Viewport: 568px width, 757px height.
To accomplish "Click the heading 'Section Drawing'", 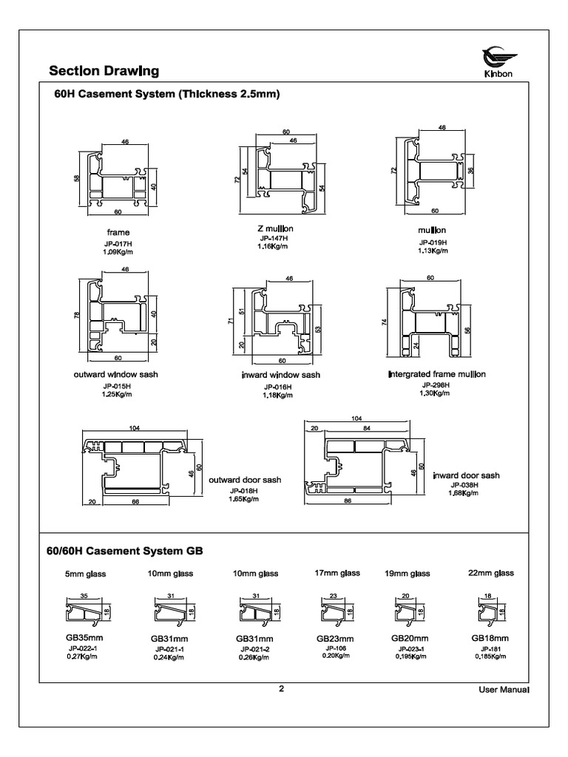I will coord(104,72).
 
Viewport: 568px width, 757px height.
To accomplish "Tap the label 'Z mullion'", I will coord(275,228).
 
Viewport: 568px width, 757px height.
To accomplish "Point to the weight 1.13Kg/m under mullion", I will coord(434,251).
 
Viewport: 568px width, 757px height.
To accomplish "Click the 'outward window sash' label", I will coord(116,375).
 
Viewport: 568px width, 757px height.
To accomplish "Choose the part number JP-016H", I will coord(277,387).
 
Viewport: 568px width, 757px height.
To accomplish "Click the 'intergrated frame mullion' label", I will coord(436,374).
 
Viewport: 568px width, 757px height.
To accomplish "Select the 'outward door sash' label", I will coord(245,480).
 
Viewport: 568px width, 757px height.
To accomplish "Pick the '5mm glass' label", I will coord(86,574).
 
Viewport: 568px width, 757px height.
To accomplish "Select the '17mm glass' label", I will coord(337,573).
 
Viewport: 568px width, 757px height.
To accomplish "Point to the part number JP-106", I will coord(337,648).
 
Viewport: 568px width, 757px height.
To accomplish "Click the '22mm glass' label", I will coord(490,573).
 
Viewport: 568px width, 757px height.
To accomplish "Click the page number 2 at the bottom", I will coord(281,689).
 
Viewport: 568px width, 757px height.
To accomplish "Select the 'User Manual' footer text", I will coord(504,690).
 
